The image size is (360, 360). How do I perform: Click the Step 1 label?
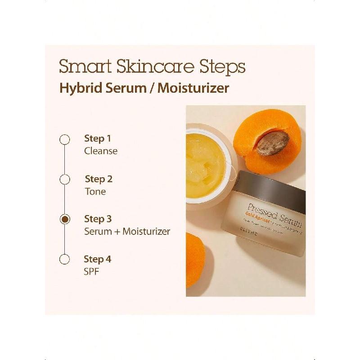tap(97, 139)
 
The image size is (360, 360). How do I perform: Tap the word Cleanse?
tap(101, 151)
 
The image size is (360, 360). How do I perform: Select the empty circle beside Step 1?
tap(65, 139)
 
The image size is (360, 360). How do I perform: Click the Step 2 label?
tap(98, 179)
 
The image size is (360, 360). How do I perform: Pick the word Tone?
tap(95, 192)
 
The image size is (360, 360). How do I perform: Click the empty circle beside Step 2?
tap(65, 180)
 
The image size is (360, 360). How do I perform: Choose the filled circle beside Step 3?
tap(65, 219)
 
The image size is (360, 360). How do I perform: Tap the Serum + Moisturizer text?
tap(127, 232)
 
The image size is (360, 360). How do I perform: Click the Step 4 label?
tap(97, 259)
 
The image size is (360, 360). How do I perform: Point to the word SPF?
tap(92, 272)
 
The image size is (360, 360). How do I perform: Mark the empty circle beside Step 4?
tap(65, 259)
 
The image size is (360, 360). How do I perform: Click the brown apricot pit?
tap(272, 144)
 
